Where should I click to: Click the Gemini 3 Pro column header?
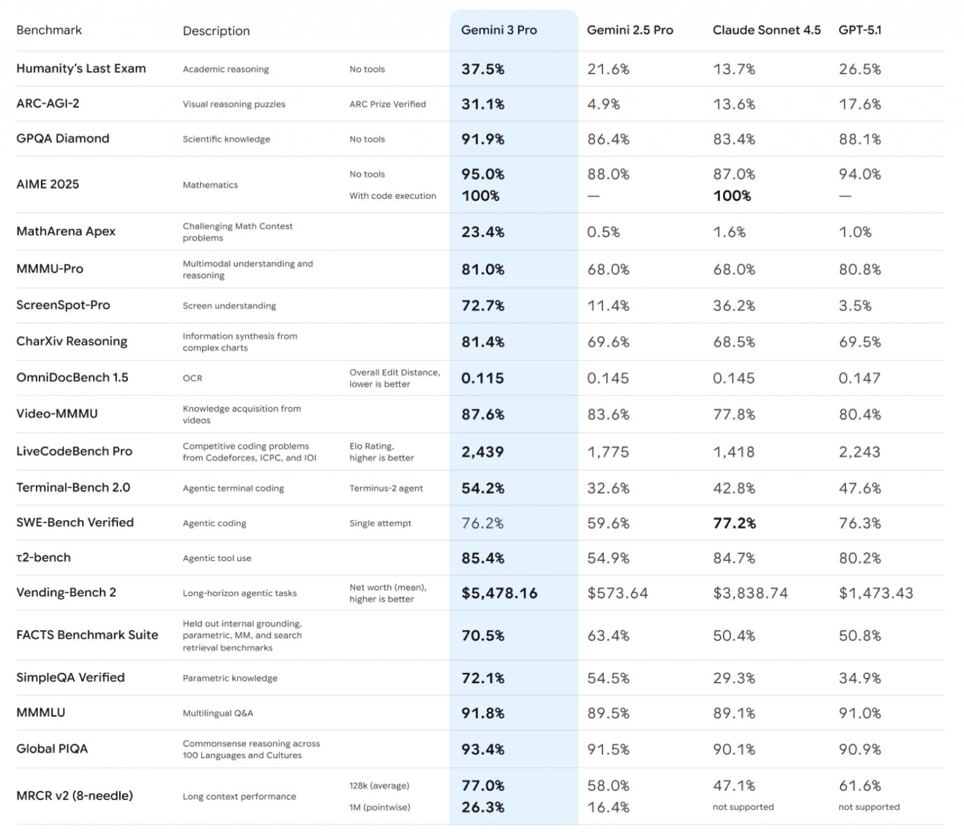[499, 30]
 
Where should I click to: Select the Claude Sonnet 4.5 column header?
[766, 30]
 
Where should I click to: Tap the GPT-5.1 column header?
[860, 30]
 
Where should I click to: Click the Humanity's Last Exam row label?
[81, 69]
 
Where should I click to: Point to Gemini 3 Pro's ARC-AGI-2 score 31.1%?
[483, 104]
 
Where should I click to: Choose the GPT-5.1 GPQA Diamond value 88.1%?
[860, 140]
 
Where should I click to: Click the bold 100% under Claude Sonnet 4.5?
[732, 196]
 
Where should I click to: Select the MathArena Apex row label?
[66, 232]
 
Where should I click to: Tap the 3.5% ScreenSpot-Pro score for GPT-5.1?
[855, 306]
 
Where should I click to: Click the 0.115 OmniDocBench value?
[482, 378]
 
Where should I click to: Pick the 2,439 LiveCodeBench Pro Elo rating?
[482, 452]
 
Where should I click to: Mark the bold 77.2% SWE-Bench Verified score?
[734, 523]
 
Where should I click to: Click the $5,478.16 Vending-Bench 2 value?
[499, 593]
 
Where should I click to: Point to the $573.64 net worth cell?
[617, 593]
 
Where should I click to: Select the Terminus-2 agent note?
[386, 488]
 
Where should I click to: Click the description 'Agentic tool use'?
[217, 558]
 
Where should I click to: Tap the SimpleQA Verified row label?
[70, 678]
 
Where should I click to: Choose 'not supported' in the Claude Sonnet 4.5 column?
[743, 807]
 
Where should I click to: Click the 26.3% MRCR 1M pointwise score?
[483, 807]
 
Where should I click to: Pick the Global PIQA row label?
[52, 749]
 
